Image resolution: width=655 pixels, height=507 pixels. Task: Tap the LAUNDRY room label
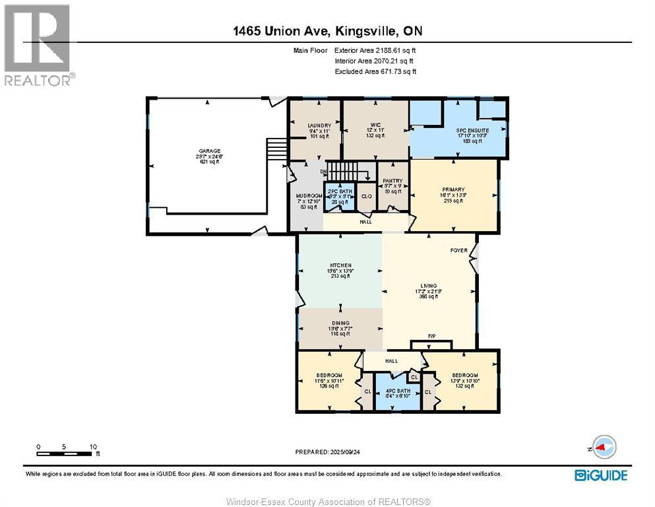pos(314,125)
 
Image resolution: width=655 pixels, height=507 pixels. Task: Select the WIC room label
pos(375,125)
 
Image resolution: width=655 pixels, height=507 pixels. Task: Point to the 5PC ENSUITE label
pos(472,131)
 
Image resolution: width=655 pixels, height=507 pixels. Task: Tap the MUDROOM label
pos(309,196)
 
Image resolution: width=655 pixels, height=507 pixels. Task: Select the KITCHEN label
pos(340,265)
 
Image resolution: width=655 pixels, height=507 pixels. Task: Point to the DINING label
pos(340,323)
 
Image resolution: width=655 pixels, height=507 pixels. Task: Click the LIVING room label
pos(428,286)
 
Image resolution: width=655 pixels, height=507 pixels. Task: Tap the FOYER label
pos(458,250)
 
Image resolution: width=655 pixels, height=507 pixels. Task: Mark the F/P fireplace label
pos(432,337)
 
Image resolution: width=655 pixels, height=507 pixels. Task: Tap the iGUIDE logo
pos(600,475)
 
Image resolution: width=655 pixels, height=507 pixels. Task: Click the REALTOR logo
pos(38,45)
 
